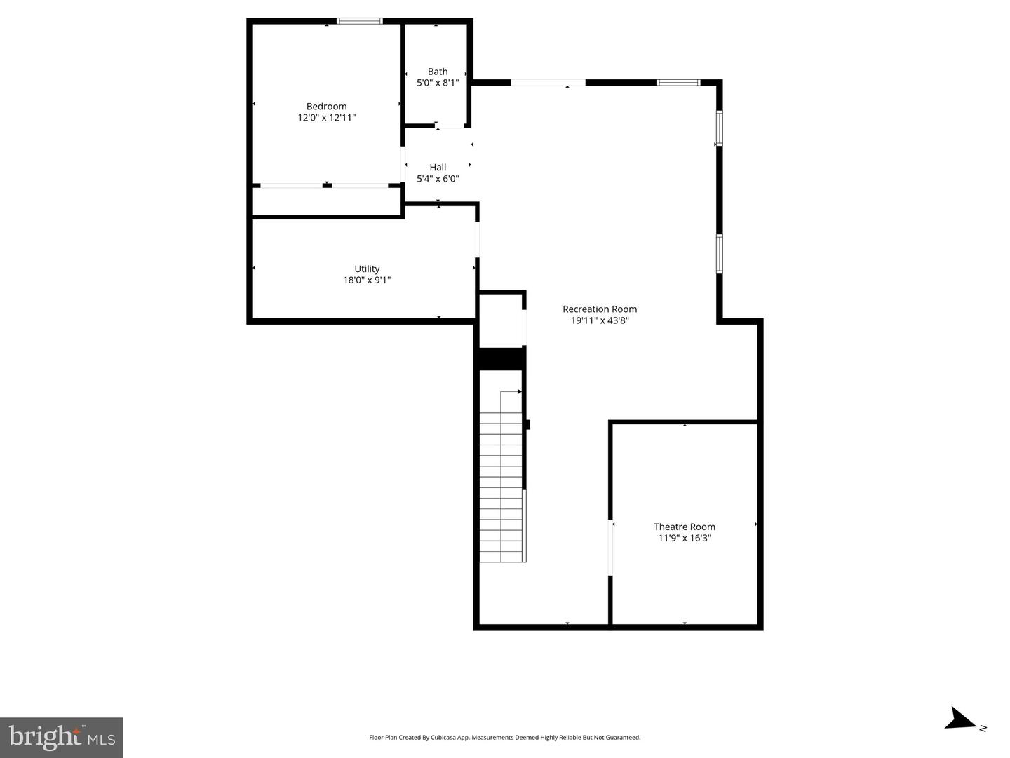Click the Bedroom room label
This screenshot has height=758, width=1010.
pyautogui.click(x=326, y=107)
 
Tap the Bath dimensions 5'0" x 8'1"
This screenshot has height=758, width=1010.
pyautogui.click(x=438, y=83)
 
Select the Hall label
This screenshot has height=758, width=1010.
pyautogui.click(x=438, y=167)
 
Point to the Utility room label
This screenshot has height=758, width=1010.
pyautogui.click(x=367, y=269)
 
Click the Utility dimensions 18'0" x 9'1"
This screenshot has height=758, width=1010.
pyautogui.click(x=367, y=280)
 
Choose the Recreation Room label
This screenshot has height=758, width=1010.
pyautogui.click(x=600, y=309)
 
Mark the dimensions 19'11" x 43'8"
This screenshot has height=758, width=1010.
pyautogui.click(x=600, y=320)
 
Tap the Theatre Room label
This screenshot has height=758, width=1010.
pyautogui.click(x=685, y=527)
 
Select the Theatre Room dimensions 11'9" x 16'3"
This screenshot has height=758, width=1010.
pyautogui.click(x=685, y=538)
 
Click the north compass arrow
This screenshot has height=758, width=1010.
pyautogui.click(x=959, y=719)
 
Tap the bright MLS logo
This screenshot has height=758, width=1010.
pyautogui.click(x=62, y=737)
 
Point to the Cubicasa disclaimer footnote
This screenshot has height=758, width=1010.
pyautogui.click(x=504, y=737)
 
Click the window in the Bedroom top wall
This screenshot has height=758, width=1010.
pyautogui.click(x=360, y=21)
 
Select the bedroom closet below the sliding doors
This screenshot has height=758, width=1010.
pyautogui.click(x=326, y=201)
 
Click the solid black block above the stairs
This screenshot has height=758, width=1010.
pyautogui.click(x=501, y=358)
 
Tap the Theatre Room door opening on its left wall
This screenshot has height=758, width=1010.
pyautogui.click(x=611, y=547)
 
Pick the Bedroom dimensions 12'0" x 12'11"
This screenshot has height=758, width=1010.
pyautogui.click(x=326, y=118)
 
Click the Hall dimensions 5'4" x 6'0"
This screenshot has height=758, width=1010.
pyautogui.click(x=438, y=179)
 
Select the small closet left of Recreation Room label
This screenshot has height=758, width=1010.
pyautogui.click(x=501, y=320)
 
